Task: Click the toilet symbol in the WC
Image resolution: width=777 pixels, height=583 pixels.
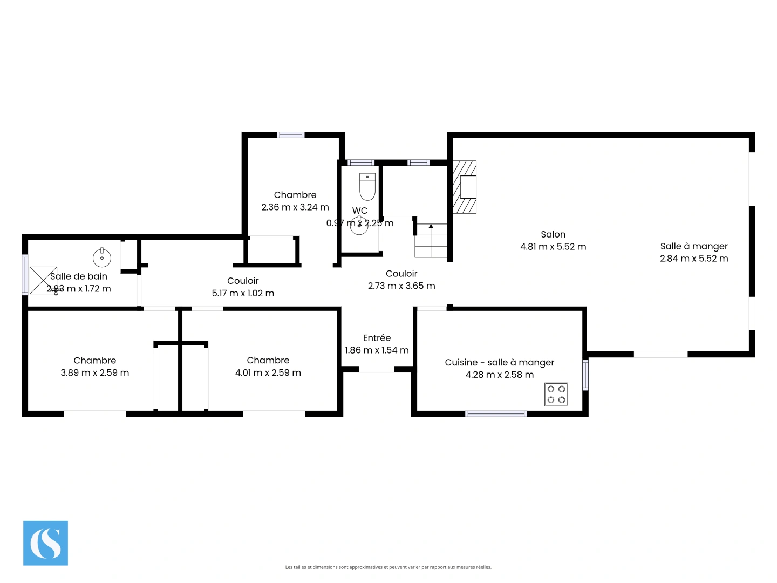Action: pyautogui.click(x=367, y=186)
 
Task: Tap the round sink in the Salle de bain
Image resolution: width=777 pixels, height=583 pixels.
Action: pyautogui.click(x=101, y=257)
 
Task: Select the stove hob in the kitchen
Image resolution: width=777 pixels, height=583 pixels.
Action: pyautogui.click(x=556, y=395)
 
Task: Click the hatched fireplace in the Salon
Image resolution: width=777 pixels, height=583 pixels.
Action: pyautogui.click(x=465, y=187)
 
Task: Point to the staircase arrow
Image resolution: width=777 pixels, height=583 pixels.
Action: pyautogui.click(x=431, y=227)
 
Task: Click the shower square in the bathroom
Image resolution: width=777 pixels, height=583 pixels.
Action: pyautogui.click(x=43, y=280)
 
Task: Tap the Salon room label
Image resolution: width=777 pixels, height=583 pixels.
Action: pyautogui.click(x=553, y=234)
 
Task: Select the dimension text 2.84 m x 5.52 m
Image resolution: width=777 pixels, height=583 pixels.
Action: pyautogui.click(x=694, y=259)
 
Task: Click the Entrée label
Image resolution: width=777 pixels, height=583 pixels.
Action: pyautogui.click(x=377, y=338)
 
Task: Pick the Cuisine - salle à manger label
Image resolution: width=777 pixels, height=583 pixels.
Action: pyautogui.click(x=499, y=362)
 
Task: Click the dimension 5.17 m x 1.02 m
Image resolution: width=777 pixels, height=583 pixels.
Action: pyautogui.click(x=243, y=293)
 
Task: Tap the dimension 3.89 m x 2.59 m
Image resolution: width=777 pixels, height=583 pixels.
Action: pyautogui.click(x=95, y=372)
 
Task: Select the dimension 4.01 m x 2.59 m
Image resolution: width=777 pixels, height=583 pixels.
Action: pyautogui.click(x=268, y=372)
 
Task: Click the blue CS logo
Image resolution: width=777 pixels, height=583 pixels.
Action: pyautogui.click(x=45, y=543)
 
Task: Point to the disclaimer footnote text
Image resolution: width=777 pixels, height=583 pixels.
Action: pyautogui.click(x=388, y=567)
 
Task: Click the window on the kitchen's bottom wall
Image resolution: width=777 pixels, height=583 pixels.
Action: pyautogui.click(x=496, y=414)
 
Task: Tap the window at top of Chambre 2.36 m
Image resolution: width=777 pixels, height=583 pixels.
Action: pyautogui.click(x=290, y=135)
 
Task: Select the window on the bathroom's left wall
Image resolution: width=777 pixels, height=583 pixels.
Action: pyautogui.click(x=25, y=275)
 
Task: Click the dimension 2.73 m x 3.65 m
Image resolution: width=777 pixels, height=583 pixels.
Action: pyautogui.click(x=401, y=286)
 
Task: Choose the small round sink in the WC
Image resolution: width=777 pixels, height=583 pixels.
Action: pyautogui.click(x=359, y=226)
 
